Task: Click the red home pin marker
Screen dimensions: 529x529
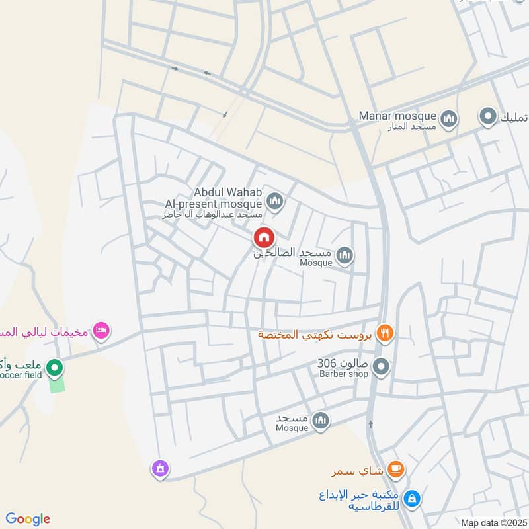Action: click(x=264, y=237)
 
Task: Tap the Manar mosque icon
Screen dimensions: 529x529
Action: click(x=449, y=118)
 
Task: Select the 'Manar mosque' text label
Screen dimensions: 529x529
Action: click(x=397, y=116)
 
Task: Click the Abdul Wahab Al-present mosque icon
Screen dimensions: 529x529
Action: click(x=275, y=201)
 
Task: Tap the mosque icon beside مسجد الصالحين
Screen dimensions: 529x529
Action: click(x=344, y=255)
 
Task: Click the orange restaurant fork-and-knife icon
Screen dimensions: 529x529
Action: click(x=384, y=333)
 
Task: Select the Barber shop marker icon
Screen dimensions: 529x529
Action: click(x=380, y=365)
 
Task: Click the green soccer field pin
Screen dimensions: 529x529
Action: click(x=56, y=366)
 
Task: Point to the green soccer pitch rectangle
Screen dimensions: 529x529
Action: click(x=58, y=384)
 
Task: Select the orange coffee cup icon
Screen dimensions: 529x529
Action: click(x=395, y=469)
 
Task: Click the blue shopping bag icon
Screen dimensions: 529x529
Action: click(x=411, y=499)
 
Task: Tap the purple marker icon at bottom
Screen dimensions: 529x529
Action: click(x=159, y=469)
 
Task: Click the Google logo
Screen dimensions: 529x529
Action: click(x=28, y=519)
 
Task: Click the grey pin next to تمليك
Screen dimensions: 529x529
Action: click(x=488, y=117)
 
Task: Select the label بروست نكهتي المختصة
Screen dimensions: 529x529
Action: click(x=315, y=334)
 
